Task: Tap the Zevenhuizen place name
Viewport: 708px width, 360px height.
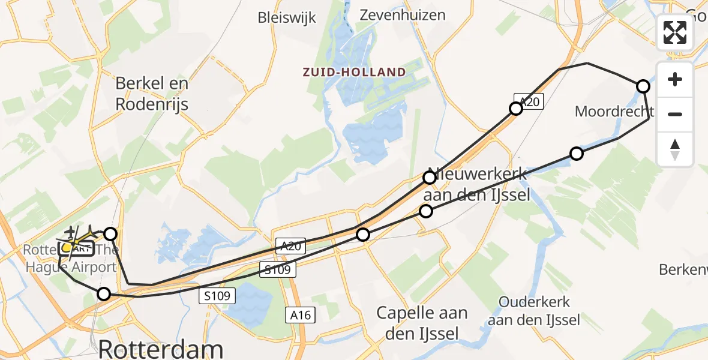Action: (403, 15)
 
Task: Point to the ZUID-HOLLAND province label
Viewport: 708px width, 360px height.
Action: (354, 73)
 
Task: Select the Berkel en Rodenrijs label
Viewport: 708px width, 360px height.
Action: (152, 94)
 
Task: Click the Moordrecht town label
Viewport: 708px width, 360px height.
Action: (614, 111)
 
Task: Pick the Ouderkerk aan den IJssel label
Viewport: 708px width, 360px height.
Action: (534, 311)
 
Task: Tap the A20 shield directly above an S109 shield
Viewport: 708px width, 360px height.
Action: (291, 245)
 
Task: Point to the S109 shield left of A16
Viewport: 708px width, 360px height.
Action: (218, 295)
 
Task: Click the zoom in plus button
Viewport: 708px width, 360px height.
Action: (675, 79)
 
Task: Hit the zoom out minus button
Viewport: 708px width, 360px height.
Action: (675, 114)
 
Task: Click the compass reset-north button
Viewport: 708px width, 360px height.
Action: (675, 149)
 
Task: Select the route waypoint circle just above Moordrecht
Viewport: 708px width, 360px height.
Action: (643, 86)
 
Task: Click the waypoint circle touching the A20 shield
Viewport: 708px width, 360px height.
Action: (515, 109)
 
